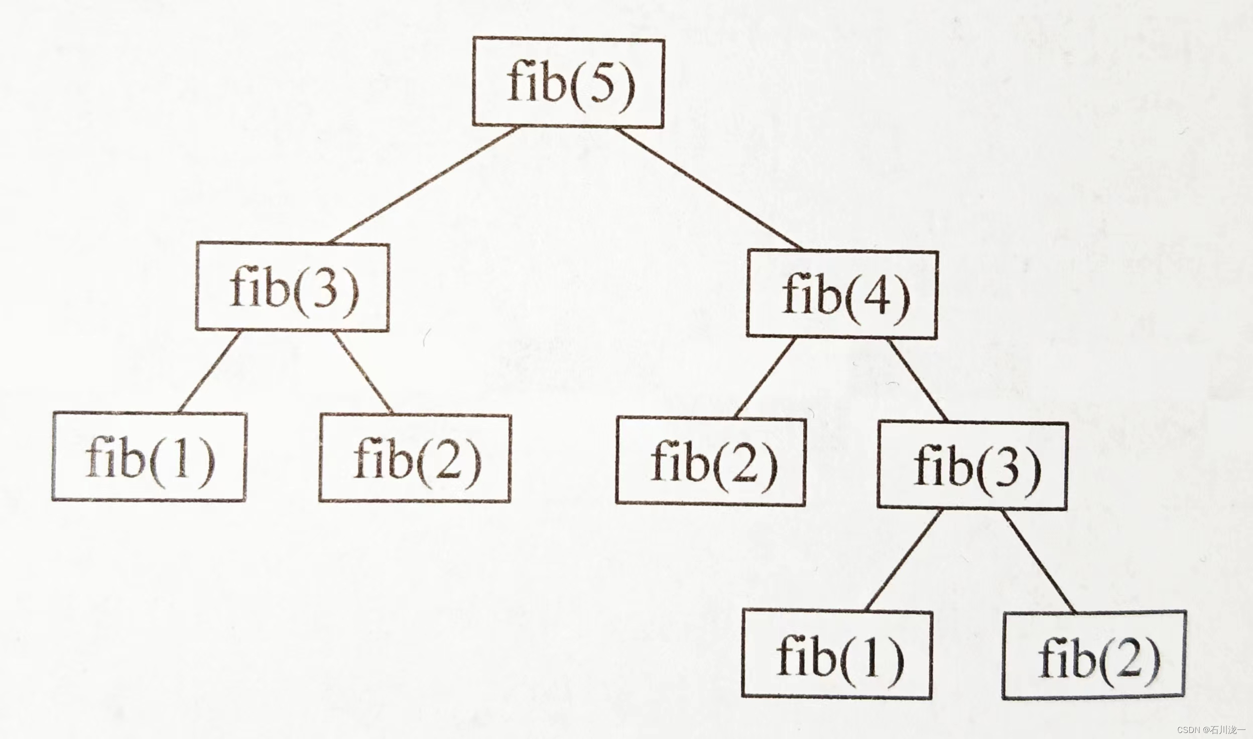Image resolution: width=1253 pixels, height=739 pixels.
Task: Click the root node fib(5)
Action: tap(568, 83)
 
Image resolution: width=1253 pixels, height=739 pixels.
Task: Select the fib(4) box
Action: tap(842, 294)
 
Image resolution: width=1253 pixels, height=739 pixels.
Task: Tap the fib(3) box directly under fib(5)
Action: tap(292, 288)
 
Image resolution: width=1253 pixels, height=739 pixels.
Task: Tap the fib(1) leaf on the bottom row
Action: tap(837, 655)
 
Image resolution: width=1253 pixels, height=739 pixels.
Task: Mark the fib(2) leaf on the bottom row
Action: tap(1095, 655)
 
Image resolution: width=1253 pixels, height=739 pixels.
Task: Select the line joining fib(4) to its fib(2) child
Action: tap(765, 378)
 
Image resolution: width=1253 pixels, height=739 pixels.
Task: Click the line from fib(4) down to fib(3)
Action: tap(918, 380)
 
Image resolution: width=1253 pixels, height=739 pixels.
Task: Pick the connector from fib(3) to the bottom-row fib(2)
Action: tap(1039, 561)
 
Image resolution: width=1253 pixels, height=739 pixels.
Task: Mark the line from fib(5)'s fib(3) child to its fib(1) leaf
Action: tap(208, 372)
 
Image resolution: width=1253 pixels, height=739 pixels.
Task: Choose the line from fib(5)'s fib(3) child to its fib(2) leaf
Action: tap(363, 373)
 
